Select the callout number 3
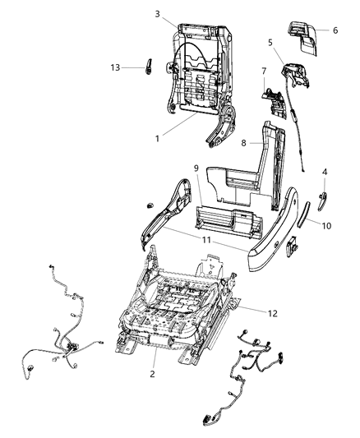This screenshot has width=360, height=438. click(x=156, y=14)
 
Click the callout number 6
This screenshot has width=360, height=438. click(x=335, y=30)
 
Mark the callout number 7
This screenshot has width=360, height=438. click(x=264, y=71)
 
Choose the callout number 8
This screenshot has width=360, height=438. click(x=243, y=143)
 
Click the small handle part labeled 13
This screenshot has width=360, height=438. click(x=149, y=67)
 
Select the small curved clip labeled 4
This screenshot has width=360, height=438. click(x=323, y=198)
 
